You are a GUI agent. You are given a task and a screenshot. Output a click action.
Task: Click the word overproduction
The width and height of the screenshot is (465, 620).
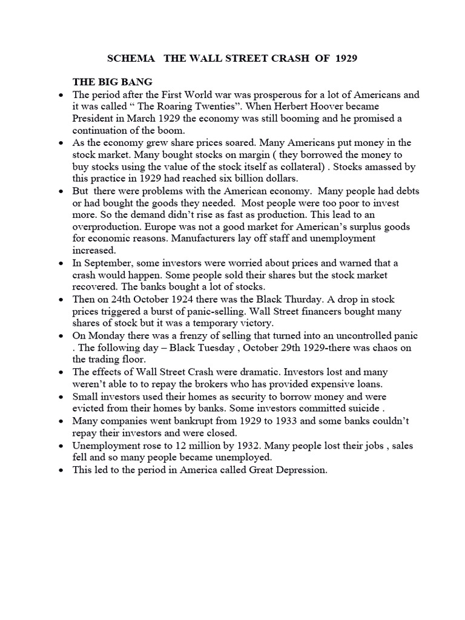pyautogui.click(x=105, y=226)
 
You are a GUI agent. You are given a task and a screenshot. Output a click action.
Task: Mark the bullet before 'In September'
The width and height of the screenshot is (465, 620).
pyautogui.click(x=62, y=263)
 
